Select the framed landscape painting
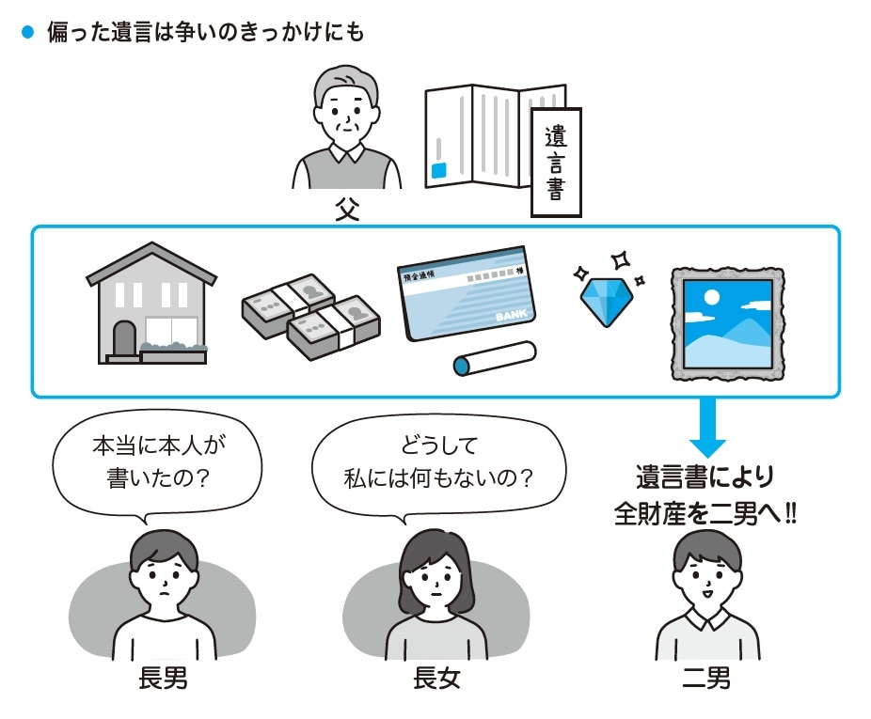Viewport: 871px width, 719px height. tap(726, 322)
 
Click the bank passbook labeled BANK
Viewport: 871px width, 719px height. tap(464, 294)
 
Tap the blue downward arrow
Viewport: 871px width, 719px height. tap(714, 430)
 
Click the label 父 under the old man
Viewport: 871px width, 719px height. tap(347, 209)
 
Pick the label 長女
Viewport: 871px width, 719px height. tap(436, 677)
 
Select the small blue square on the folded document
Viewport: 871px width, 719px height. tap(438, 171)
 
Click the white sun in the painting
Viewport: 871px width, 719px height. tap(711, 298)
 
